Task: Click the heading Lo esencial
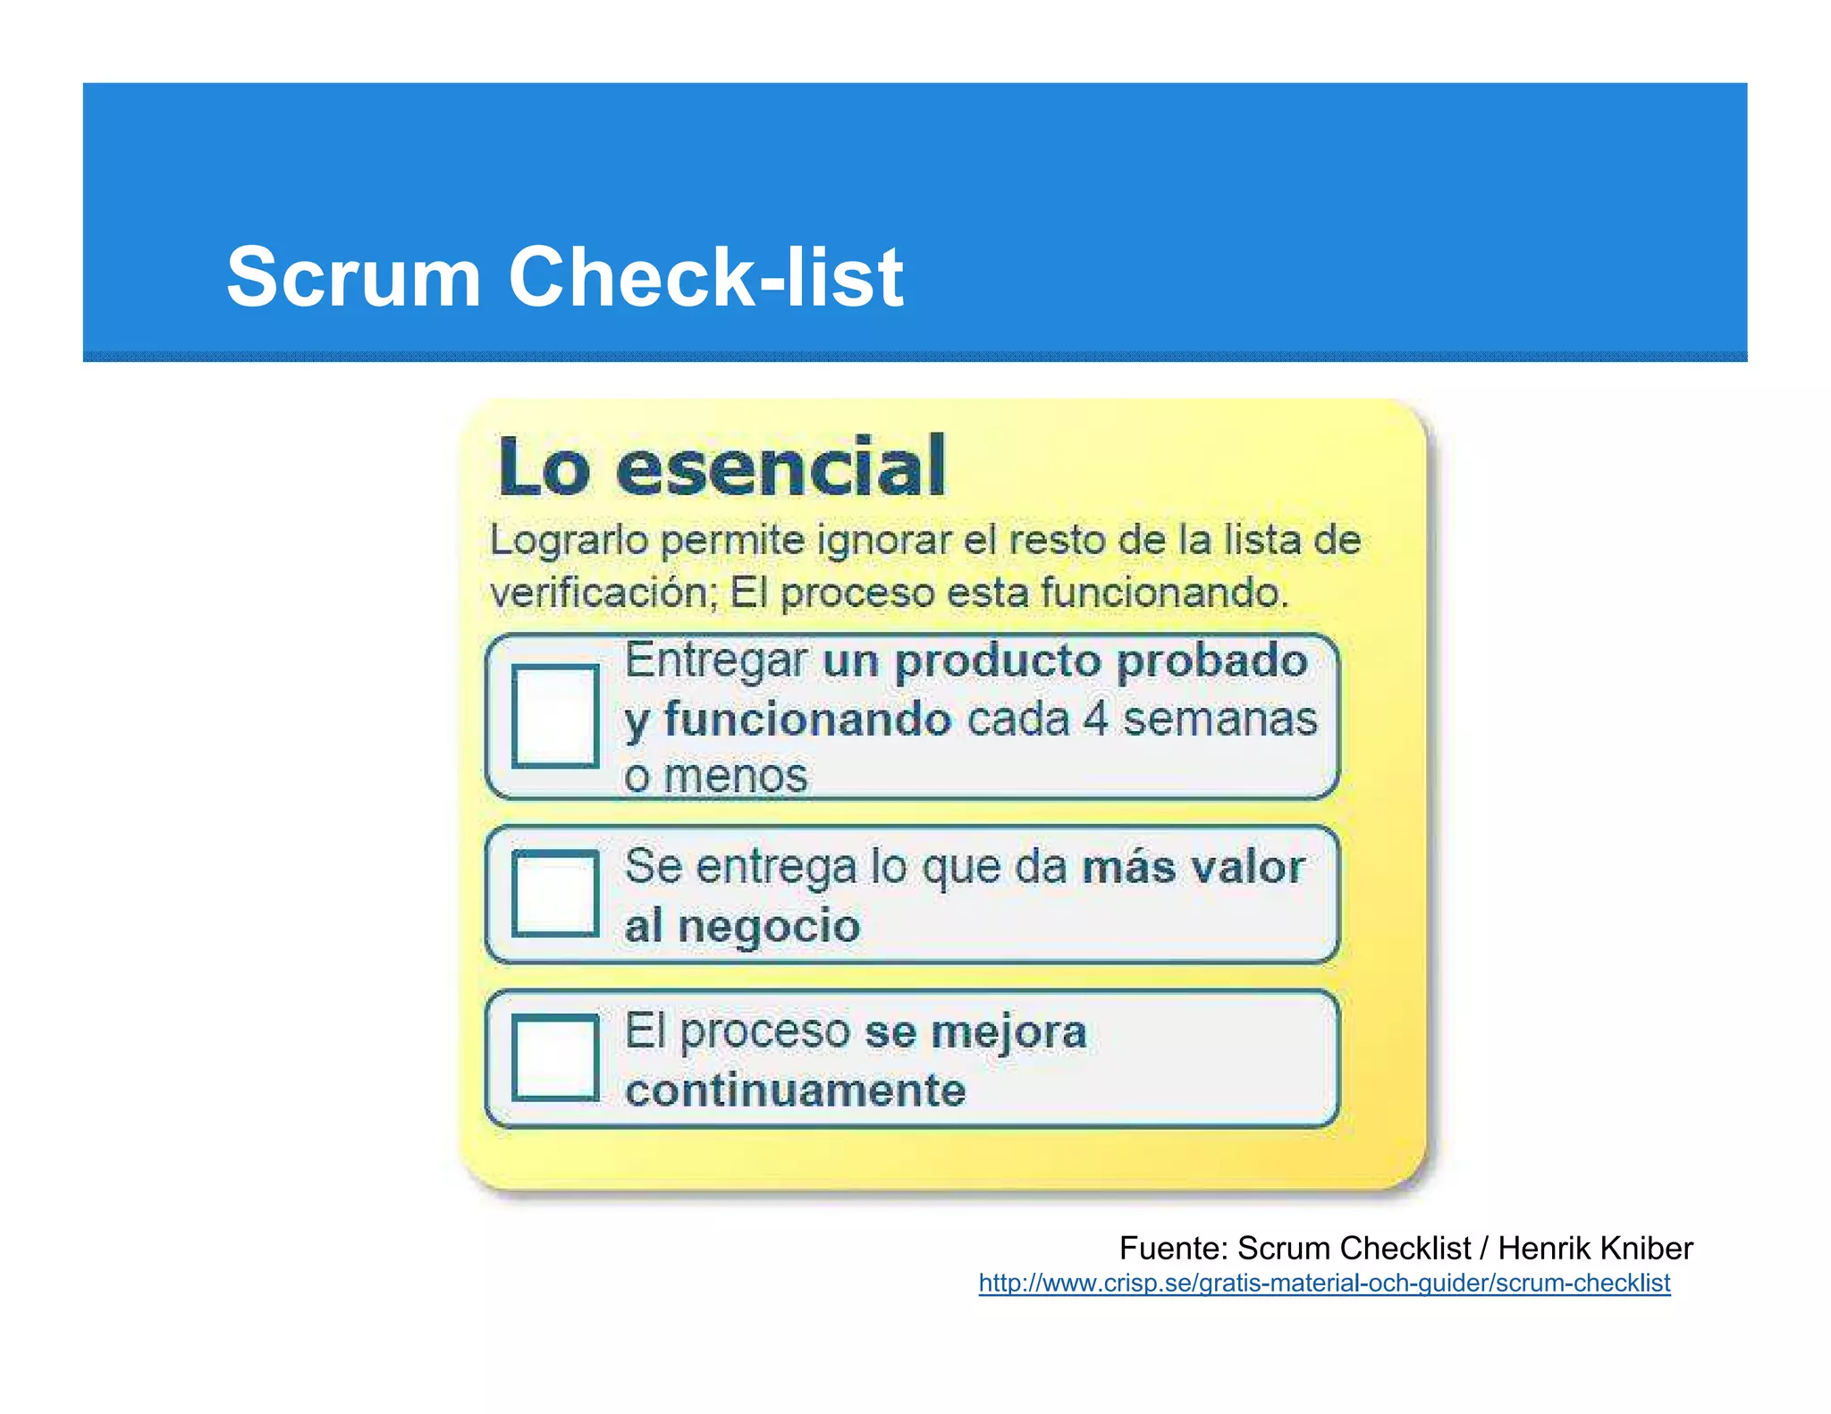tap(721, 467)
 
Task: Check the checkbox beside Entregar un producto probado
tap(555, 715)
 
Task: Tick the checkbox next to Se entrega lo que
tap(555, 893)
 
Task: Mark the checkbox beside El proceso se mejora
tap(555, 1057)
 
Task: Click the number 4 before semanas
tap(1096, 719)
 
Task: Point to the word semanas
tap(1219, 719)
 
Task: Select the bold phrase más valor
tap(1193, 867)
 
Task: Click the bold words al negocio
tap(742, 925)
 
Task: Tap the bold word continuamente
tap(796, 1090)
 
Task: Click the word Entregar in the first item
tap(715, 661)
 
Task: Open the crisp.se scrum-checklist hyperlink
tap(1324, 1284)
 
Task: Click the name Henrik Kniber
tap(1595, 1248)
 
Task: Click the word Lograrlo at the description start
tap(569, 540)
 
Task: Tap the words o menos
tap(715, 775)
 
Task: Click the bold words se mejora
tap(975, 1032)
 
